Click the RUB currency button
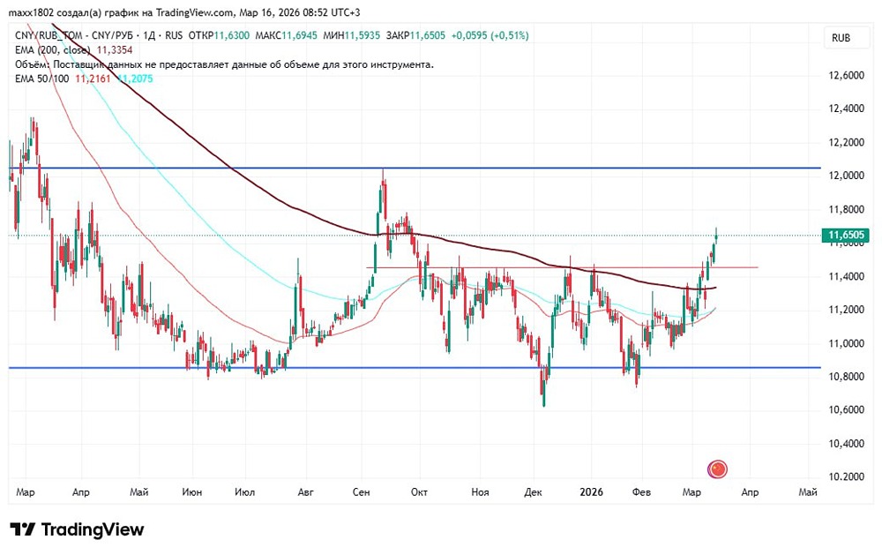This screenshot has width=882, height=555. tap(841, 39)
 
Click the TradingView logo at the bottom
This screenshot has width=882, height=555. tap(78, 529)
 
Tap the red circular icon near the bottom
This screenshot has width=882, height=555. tap(718, 469)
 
